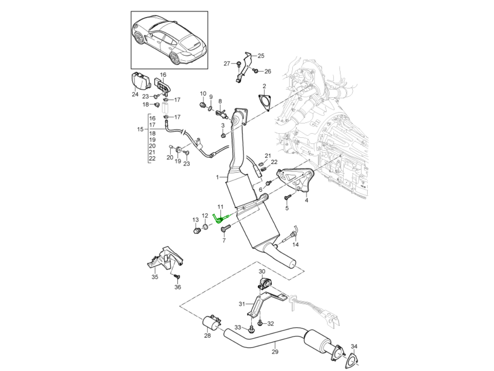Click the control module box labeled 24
click(x=139, y=80)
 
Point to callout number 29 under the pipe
click(x=275, y=352)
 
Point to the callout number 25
click(x=261, y=55)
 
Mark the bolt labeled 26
click(x=255, y=71)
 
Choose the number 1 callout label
click(x=218, y=177)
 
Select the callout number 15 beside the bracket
click(x=140, y=129)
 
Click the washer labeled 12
click(x=205, y=227)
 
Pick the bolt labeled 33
click(x=251, y=329)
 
